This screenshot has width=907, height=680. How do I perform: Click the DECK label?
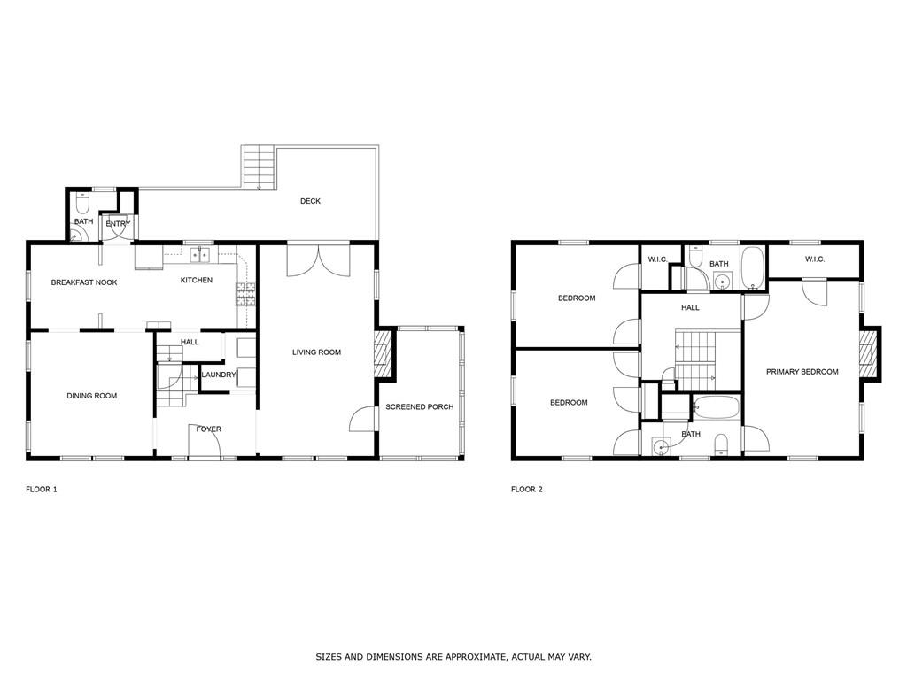tap(310, 201)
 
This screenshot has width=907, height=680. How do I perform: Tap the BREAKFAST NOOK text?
tap(84, 282)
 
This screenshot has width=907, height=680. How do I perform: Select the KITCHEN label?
tap(197, 281)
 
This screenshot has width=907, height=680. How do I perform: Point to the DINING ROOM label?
tap(92, 396)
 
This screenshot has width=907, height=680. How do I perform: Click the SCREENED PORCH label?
tap(419, 407)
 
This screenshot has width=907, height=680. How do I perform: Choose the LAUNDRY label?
tap(219, 375)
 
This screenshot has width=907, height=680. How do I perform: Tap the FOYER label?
tap(209, 429)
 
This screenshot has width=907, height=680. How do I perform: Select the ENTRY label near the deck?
tap(118, 224)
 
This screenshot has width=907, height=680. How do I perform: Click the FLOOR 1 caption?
tap(42, 489)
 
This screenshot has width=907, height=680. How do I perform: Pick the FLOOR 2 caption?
tap(527, 489)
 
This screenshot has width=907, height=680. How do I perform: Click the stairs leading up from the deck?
tap(259, 167)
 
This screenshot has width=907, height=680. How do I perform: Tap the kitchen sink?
tap(200, 255)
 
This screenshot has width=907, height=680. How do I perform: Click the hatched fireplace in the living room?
tap(383, 353)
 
